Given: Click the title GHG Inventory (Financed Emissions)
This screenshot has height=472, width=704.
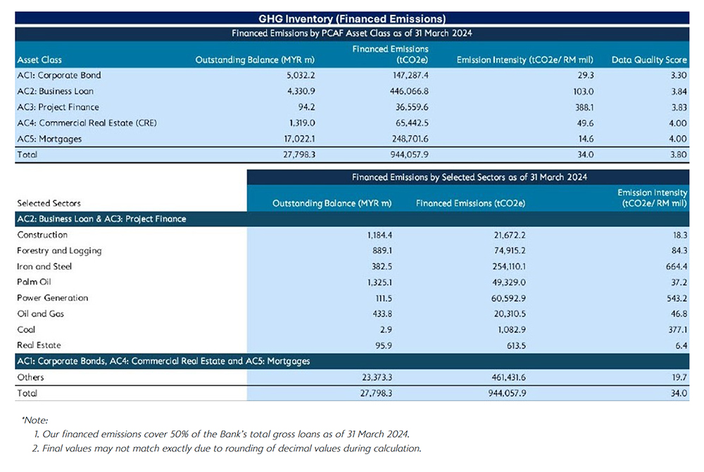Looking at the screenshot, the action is click(x=352, y=19).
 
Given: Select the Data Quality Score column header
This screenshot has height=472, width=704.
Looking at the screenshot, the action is click(x=649, y=60).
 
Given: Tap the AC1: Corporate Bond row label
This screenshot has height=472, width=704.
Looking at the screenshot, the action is click(x=59, y=75).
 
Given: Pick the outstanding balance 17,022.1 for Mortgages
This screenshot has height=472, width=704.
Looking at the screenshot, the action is click(x=299, y=139).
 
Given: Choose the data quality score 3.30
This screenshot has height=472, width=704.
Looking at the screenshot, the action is click(x=679, y=75).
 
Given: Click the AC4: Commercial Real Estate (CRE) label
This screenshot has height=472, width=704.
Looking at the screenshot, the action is click(x=87, y=123).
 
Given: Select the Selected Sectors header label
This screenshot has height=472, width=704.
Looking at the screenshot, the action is click(x=49, y=203).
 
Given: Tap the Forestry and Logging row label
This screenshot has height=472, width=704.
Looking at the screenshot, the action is click(x=59, y=251).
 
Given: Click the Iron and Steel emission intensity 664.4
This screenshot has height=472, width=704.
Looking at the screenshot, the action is click(x=677, y=267).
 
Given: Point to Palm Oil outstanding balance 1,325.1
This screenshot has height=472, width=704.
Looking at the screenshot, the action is click(x=379, y=282).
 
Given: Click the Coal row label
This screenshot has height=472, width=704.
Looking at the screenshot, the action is click(x=26, y=329).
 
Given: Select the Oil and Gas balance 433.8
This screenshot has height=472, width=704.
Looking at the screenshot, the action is click(x=382, y=314).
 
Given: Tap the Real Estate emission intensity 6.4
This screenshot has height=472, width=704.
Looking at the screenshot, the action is click(x=681, y=345).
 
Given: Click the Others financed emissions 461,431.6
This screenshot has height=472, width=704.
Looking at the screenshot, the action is click(x=509, y=377).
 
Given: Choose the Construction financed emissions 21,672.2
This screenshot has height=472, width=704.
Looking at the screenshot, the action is click(x=510, y=235).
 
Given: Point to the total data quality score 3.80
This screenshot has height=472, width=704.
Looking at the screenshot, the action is click(x=679, y=154).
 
